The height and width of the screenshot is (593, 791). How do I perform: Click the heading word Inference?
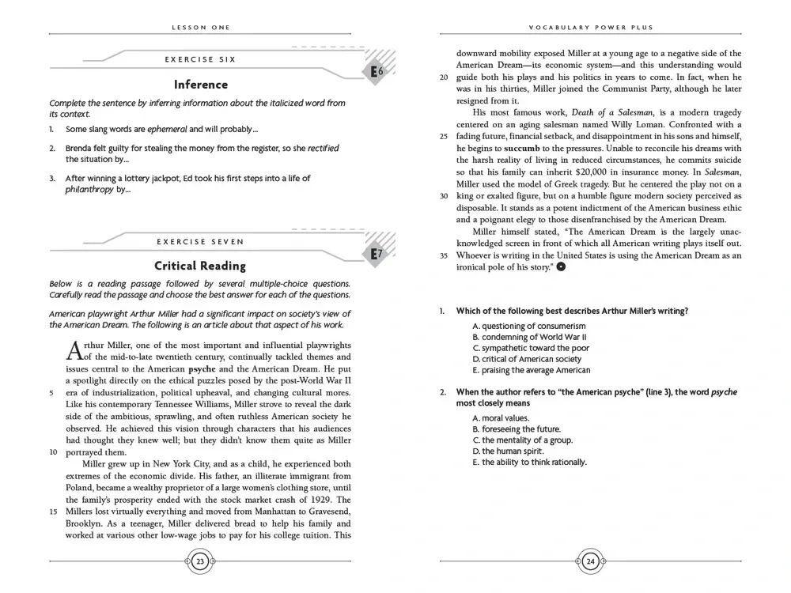[200, 85]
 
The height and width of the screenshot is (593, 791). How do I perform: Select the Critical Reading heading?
[200, 266]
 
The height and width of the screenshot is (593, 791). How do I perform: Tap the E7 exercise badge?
[377, 254]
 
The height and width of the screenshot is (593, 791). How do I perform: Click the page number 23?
[200, 561]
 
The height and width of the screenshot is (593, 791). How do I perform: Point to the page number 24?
[591, 561]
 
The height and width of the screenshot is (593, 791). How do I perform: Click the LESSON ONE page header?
[200, 27]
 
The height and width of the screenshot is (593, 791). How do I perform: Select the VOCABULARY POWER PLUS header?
[591, 27]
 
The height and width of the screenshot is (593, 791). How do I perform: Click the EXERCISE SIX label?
[200, 59]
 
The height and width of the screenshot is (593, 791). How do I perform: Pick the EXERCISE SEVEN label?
[200, 241]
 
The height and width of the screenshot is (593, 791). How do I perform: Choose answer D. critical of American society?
[527, 359]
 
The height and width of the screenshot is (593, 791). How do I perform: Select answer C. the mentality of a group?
[522, 440]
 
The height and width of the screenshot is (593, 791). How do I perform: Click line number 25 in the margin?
[444, 136]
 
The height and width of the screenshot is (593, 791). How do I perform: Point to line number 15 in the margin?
[53, 511]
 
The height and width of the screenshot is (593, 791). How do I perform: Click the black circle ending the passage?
[561, 267]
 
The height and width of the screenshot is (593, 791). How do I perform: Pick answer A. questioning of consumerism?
[529, 326]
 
